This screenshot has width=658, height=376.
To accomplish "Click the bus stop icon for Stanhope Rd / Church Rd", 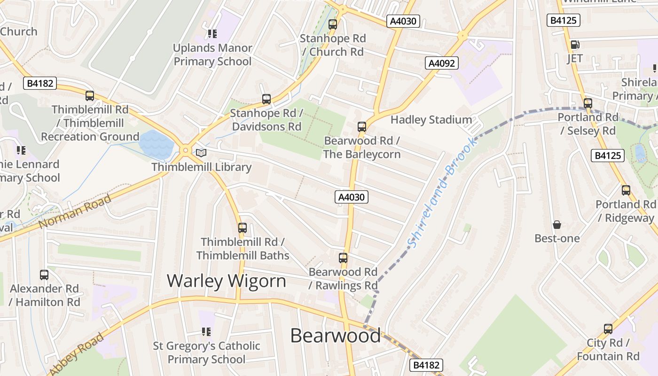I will point(333,24).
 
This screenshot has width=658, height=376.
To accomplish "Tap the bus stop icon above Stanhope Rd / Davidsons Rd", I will point(266,99).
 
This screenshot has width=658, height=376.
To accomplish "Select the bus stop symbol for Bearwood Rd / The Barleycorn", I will point(361,126).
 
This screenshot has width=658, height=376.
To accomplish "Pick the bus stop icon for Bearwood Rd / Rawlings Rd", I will point(343,258).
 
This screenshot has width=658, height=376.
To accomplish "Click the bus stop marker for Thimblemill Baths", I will point(243,228).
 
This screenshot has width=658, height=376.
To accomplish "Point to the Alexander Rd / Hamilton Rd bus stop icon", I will point(44,275).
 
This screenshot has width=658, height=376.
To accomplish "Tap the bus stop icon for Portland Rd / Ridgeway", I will point(626,190).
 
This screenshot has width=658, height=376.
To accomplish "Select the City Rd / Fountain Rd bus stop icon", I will point(608,329).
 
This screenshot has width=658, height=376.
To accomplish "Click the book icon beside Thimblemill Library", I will point(201,153).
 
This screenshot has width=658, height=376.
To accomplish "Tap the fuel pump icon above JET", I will point(574,45).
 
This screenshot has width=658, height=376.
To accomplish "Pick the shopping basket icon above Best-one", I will point(557,225).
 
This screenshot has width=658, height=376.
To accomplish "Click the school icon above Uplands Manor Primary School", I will point(212,34).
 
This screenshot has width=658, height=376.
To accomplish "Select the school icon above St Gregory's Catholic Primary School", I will point(206,332).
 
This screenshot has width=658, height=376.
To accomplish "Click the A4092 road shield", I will point(442,63).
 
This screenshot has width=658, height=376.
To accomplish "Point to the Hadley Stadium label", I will point(431,120).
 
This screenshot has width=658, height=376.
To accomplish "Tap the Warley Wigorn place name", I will point(226,281).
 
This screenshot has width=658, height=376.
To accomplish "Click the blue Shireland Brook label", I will point(442,193).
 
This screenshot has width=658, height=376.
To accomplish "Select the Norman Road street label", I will point(75,211).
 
